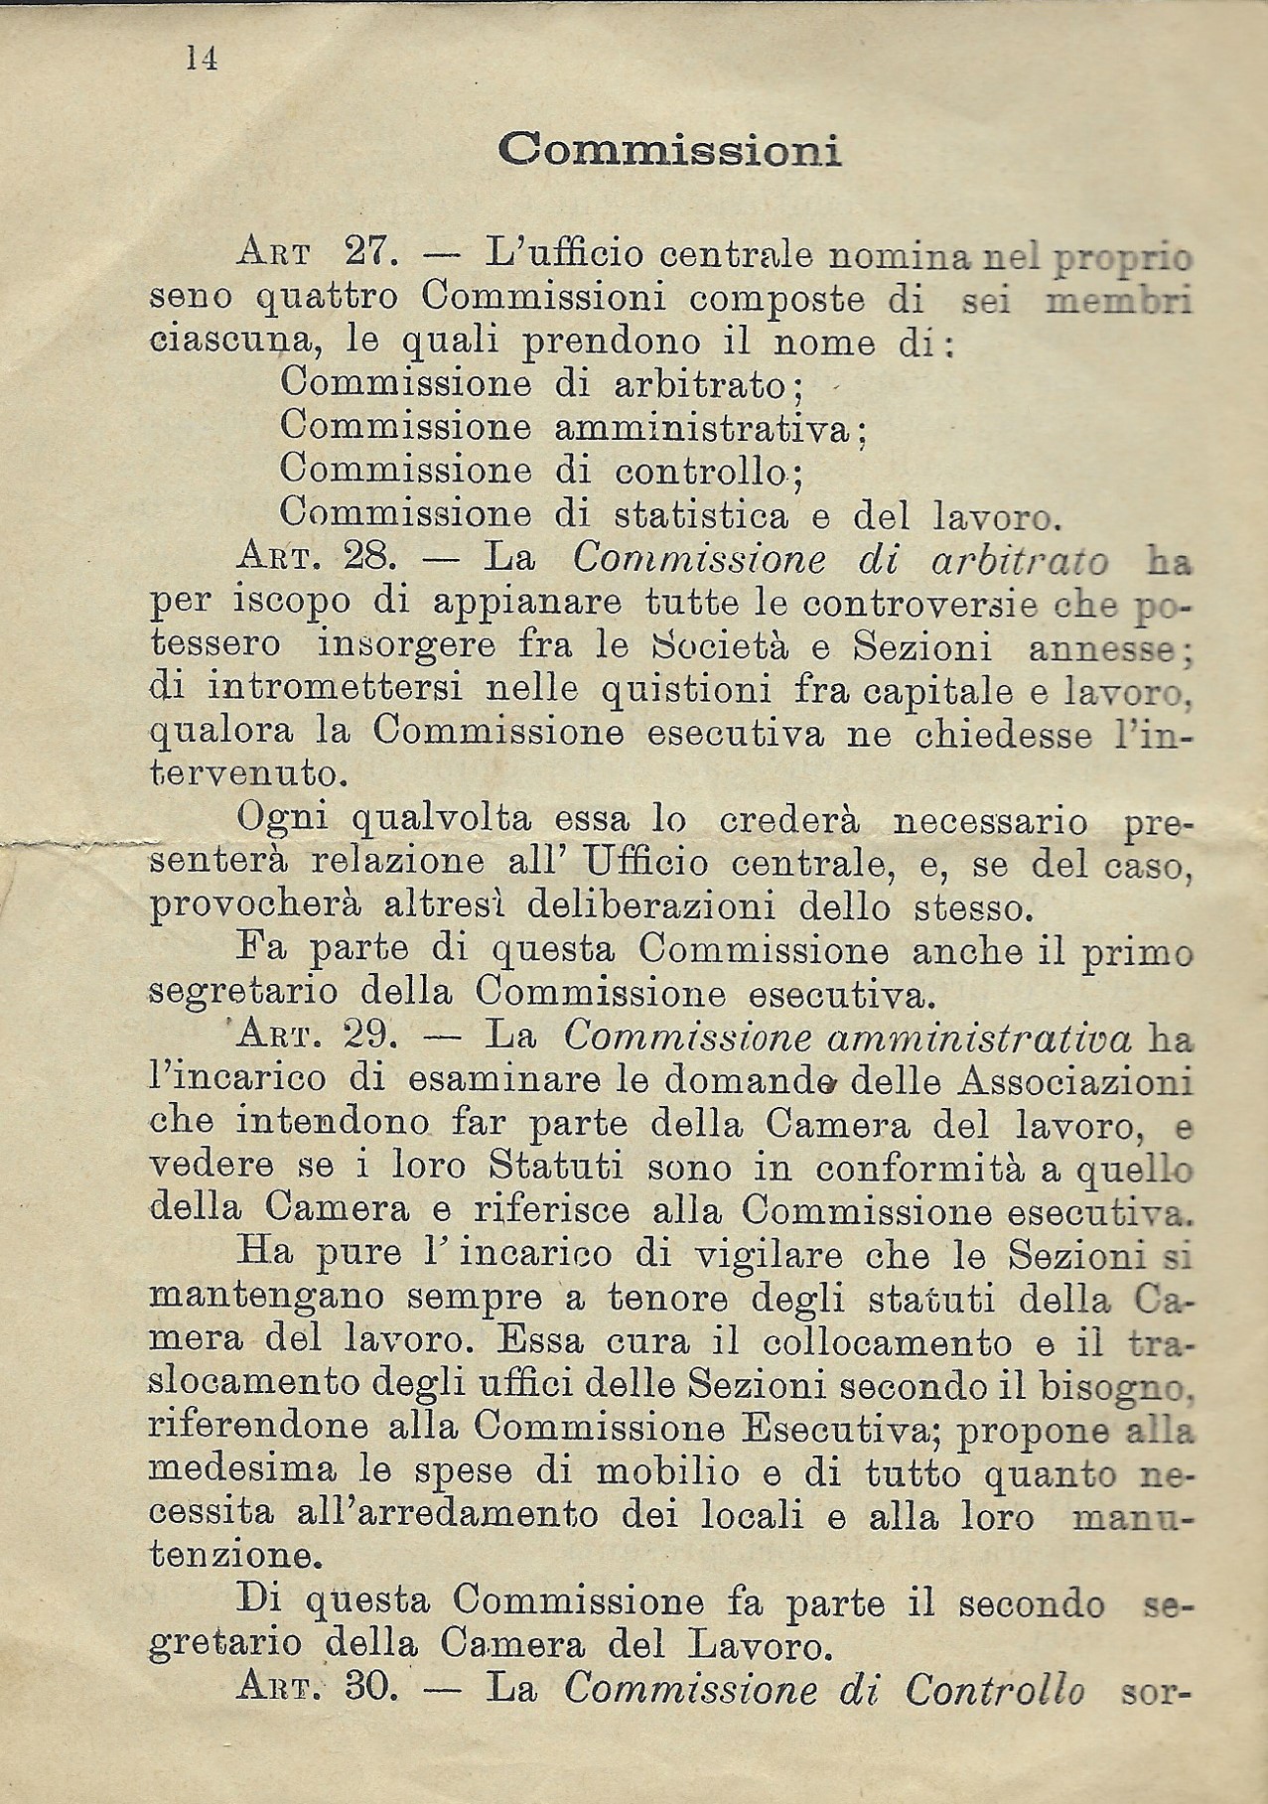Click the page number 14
click(202, 59)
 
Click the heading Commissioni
click(669, 150)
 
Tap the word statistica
click(701, 514)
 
